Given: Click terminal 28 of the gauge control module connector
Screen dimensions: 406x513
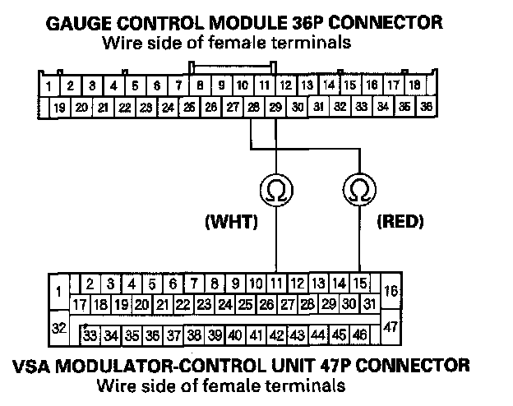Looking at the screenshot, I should click(x=253, y=107).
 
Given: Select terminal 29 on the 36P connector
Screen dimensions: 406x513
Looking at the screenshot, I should click(x=275, y=107).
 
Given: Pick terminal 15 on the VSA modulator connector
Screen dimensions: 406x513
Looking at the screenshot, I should click(x=359, y=283).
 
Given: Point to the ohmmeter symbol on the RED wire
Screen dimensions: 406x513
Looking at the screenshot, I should click(x=358, y=191).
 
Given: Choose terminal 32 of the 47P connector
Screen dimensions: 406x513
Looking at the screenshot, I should click(x=59, y=328).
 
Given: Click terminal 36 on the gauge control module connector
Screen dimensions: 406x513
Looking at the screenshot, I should click(x=426, y=107).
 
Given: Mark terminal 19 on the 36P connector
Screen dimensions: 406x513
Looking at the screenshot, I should click(x=59, y=107).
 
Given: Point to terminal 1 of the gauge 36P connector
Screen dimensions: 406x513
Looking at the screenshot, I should click(x=49, y=85).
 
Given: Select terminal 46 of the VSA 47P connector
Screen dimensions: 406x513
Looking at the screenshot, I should click(x=359, y=334).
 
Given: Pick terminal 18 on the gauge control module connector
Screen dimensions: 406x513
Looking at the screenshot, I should click(x=414, y=85).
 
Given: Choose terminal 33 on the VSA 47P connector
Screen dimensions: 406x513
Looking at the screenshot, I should click(x=90, y=334).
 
